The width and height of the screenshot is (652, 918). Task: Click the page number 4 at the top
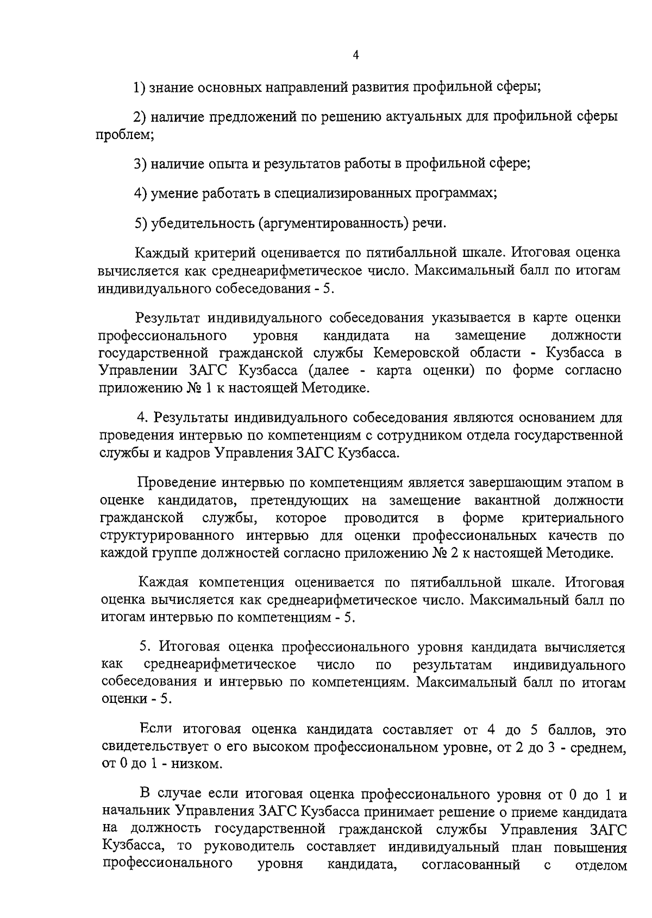coord(356,55)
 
